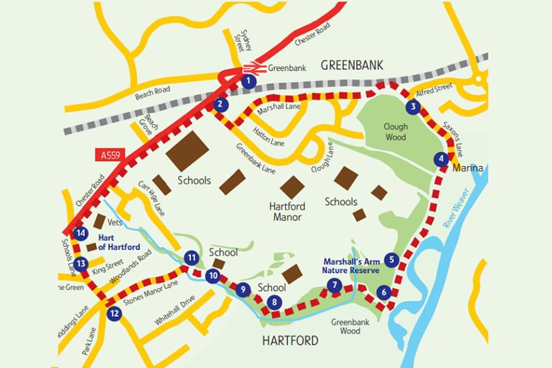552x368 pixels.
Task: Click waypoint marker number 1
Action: pyautogui.click(x=248, y=81)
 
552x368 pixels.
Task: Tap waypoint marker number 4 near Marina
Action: pyautogui.click(x=441, y=160)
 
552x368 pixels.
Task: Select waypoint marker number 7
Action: pyautogui.click(x=333, y=285)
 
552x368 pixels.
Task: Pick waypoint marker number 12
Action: pyautogui.click(x=114, y=313)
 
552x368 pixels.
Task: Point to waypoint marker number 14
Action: pyautogui.click(x=81, y=233)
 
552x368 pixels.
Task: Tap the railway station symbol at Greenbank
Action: pyautogui.click(x=257, y=67)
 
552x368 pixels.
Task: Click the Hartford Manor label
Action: pyautogui.click(x=287, y=212)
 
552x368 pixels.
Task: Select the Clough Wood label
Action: pyautogui.click(x=396, y=132)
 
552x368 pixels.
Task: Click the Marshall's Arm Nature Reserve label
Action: pyautogui.click(x=351, y=265)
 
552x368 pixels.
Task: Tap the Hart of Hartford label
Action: pyautogui.click(x=119, y=242)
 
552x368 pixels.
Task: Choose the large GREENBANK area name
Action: pyautogui.click(x=351, y=64)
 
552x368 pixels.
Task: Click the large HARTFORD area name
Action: pyautogui.click(x=290, y=341)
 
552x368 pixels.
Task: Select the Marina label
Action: pyautogui.click(x=467, y=168)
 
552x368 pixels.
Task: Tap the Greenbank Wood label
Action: pyautogui.click(x=350, y=326)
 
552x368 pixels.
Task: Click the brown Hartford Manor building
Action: pyautogui.click(x=292, y=187)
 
